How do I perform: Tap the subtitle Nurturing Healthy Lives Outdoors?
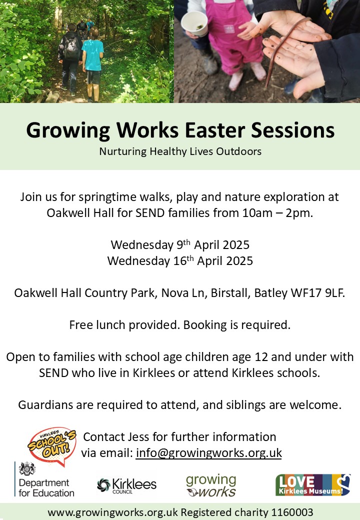tap(180, 151)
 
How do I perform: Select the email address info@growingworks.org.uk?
tap(209, 452)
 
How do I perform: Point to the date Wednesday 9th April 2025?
tap(180, 244)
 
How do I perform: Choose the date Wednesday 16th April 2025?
tap(180, 260)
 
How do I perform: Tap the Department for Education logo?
tap(45, 479)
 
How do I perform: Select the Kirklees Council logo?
tap(126, 485)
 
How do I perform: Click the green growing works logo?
tap(211, 485)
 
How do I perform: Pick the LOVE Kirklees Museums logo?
tap(313, 485)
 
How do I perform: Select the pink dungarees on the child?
tap(232, 36)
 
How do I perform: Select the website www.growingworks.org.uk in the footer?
tap(112, 512)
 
